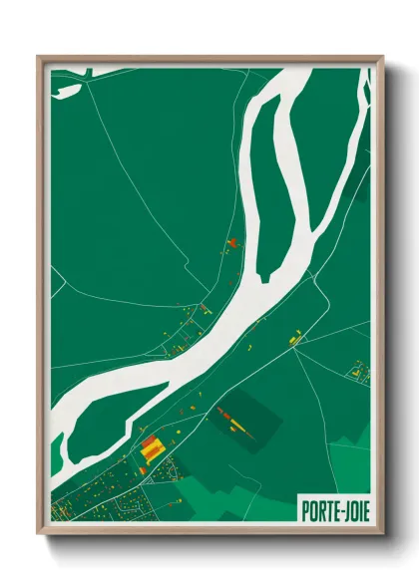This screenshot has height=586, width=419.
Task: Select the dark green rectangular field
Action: [x=243, y=417]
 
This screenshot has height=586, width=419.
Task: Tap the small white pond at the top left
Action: [x=68, y=90]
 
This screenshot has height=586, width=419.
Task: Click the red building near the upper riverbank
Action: [x=232, y=241]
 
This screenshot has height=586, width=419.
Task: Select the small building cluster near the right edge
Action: [x=357, y=375]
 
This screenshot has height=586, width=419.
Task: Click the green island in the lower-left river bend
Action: [x=90, y=419]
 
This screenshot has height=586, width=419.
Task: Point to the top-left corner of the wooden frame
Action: [x=39, y=56]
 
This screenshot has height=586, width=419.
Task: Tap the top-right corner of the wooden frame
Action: [x=381, y=56]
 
